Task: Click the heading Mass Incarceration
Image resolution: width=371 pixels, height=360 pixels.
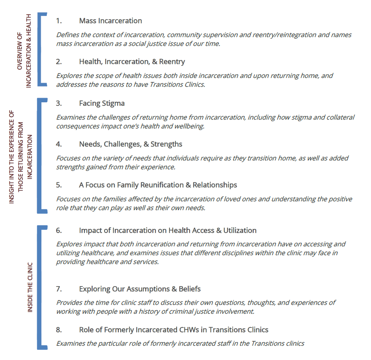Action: click(110, 21)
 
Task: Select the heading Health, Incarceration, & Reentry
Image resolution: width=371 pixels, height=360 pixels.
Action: click(132, 61)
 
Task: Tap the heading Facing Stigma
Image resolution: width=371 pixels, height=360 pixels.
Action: click(102, 103)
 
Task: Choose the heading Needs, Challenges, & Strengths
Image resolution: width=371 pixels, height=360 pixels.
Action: click(131, 144)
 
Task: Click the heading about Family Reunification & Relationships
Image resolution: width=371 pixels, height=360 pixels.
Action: click(158, 185)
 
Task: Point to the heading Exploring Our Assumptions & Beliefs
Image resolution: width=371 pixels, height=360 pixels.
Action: click(140, 289)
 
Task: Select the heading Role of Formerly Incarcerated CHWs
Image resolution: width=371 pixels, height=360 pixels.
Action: click(174, 330)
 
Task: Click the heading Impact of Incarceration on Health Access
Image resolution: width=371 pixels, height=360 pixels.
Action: click(168, 230)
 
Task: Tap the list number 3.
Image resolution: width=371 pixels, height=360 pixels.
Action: click(59, 103)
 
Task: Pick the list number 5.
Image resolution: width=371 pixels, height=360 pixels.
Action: click(59, 185)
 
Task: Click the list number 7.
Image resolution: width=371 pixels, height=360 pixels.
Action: click(59, 289)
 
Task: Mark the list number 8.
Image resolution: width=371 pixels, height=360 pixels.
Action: click(59, 330)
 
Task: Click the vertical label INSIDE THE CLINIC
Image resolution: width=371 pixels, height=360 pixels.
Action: click(30, 288)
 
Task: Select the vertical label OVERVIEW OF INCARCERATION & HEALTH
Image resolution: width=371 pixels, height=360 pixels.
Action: click(24, 50)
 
